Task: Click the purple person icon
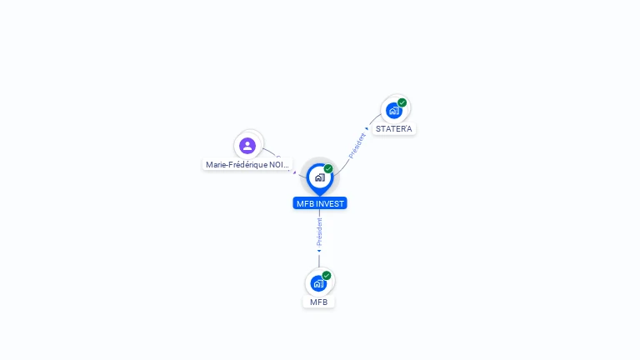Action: point(247,146)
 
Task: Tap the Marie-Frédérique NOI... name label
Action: point(247,165)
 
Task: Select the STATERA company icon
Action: point(393,111)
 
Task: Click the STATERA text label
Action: point(393,129)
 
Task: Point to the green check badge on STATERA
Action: point(402,102)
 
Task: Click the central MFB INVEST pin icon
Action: point(319,177)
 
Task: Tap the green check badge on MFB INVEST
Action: point(328,169)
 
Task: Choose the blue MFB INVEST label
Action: point(319,203)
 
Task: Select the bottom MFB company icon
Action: point(318,283)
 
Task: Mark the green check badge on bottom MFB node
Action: point(327,275)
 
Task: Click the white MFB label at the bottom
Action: point(318,302)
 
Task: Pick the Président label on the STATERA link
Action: point(357,145)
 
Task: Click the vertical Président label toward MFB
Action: point(319,231)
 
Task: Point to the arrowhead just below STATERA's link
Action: point(367,128)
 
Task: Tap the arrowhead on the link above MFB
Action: point(319,251)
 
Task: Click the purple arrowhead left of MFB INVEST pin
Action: point(294,172)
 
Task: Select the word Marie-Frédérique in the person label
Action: point(237,165)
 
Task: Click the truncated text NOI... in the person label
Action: point(280,165)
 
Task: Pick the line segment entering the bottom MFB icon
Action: point(319,261)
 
